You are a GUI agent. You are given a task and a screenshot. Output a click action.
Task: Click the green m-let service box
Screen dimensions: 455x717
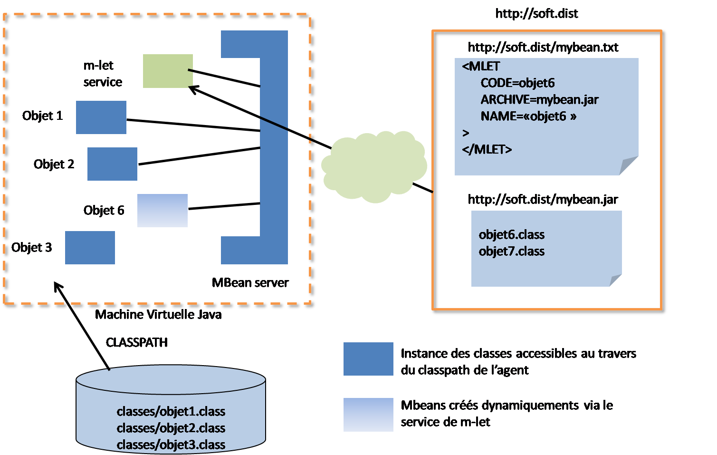coord(168,71)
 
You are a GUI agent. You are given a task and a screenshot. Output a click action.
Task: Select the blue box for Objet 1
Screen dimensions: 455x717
coord(101,117)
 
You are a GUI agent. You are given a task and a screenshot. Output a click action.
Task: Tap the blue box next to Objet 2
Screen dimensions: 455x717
coord(112,164)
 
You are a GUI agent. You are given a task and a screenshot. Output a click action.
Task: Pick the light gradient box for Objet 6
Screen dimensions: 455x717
coord(162,210)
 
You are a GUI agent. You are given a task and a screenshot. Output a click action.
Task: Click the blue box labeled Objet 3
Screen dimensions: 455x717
coord(90,247)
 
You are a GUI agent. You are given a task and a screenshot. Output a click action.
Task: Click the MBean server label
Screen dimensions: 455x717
coord(250,282)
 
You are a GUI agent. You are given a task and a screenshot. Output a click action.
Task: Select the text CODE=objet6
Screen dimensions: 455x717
coord(517,83)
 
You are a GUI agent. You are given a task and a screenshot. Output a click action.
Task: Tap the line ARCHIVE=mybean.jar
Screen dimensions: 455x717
coord(539,99)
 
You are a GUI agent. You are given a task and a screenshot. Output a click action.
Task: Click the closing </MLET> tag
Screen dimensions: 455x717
coord(487,149)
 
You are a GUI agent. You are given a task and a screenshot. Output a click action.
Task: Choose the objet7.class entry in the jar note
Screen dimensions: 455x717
coord(511,251)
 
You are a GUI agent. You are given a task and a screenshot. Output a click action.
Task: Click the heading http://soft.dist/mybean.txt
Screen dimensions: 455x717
coord(543,47)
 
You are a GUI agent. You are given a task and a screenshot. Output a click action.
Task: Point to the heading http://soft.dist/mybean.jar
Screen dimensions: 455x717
coord(543,199)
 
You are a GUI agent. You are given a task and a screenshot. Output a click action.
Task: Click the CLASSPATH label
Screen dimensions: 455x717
coord(137,342)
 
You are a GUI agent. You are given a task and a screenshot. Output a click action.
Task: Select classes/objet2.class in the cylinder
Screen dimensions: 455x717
coord(171,428)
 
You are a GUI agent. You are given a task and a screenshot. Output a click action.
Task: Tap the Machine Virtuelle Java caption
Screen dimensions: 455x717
coord(158,315)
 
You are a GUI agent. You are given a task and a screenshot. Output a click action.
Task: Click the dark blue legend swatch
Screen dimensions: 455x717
coord(368,359)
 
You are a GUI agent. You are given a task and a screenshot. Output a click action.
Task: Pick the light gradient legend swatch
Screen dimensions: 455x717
coord(368,415)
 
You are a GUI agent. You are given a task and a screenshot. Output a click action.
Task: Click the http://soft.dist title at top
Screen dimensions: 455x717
coord(536,13)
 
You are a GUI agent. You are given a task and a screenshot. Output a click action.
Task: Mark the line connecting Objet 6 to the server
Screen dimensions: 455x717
coord(223,206)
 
